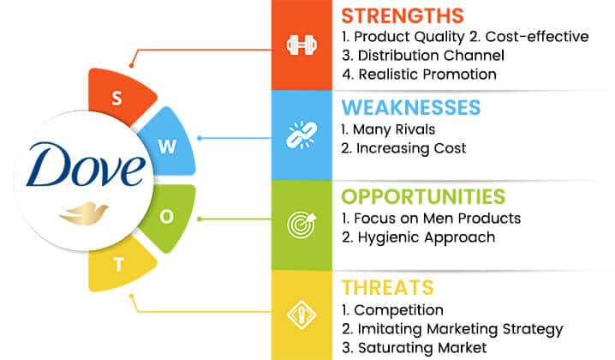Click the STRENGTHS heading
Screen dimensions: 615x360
coord(403,16)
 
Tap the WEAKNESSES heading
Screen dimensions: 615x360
coord(410,107)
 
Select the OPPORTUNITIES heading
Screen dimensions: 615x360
coord(423,196)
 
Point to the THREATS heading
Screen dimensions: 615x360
coord(387,287)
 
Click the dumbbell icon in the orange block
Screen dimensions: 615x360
coord(302,45)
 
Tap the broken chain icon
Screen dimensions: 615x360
coord(302,135)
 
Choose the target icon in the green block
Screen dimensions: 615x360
coord(302,225)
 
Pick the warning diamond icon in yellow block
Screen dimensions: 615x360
coord(302,315)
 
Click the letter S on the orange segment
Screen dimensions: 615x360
coord(116,99)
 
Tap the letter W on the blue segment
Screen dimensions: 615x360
coord(168,147)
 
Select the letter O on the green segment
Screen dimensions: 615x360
coord(167,216)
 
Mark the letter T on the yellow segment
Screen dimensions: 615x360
coord(119,265)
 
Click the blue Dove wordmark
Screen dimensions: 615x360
coord(86,165)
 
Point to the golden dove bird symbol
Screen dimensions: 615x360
coord(84,213)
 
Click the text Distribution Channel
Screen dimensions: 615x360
coord(431,56)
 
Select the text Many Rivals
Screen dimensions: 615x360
coord(394,129)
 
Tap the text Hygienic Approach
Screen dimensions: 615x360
coord(427,237)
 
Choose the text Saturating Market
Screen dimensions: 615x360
coord(422,348)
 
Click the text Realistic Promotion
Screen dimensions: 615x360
coord(427,75)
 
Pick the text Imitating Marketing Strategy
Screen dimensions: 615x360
coord(461,329)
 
